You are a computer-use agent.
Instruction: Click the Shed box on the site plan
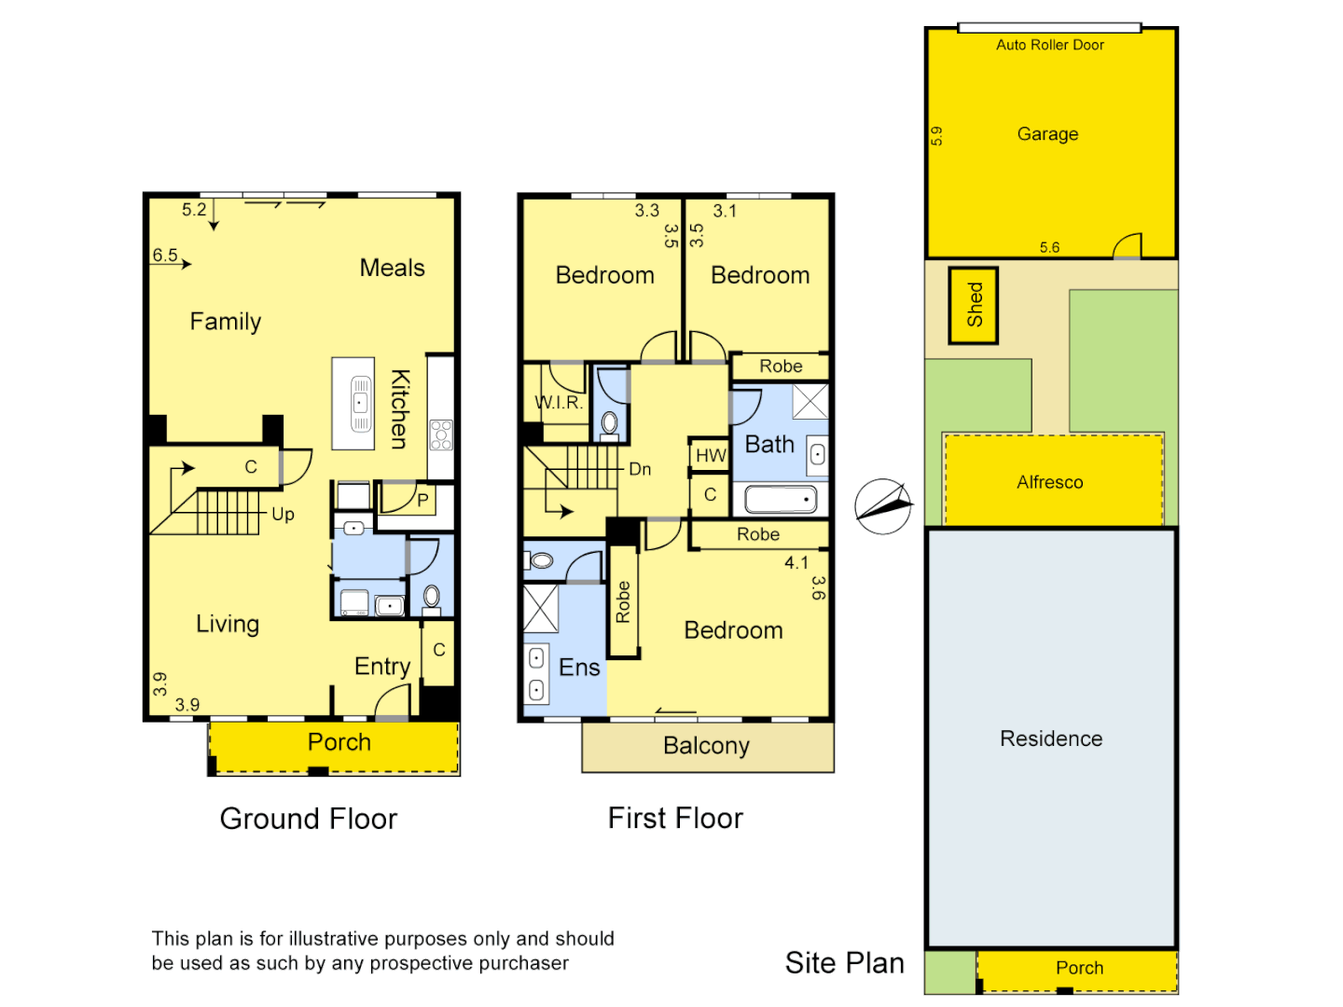point(974,305)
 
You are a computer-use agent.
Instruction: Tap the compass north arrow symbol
point(883,506)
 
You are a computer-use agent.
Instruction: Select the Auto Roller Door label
point(1049,45)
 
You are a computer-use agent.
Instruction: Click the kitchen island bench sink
point(360,404)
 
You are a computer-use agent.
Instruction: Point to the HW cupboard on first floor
point(710,455)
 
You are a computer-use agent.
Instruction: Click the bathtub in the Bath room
point(781,500)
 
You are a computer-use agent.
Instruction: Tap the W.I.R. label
point(559,403)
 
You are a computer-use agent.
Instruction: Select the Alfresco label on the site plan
point(1049,482)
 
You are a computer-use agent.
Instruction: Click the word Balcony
point(706,746)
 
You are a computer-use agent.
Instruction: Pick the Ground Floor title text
point(308,819)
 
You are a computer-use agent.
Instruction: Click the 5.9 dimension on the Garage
point(937,136)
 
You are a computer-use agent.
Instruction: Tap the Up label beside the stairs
point(283,514)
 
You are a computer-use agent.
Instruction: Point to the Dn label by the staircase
point(640,469)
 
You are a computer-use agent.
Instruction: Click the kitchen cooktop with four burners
point(440,435)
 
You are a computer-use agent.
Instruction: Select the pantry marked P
point(422,500)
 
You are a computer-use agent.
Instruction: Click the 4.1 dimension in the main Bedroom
point(796,562)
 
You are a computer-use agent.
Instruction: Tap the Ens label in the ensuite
point(579,668)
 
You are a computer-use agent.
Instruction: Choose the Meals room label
point(392,268)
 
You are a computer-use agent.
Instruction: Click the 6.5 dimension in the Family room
point(165,255)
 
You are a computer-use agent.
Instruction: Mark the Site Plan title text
point(844,963)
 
